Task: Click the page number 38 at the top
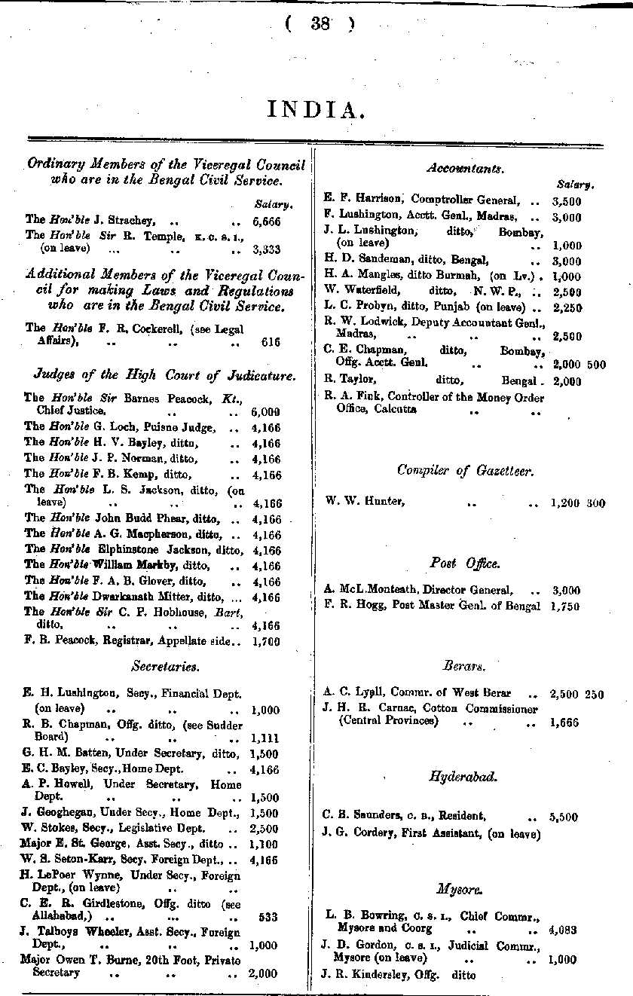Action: click(320, 23)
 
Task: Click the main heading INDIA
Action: click(316, 111)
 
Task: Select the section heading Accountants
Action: click(465, 169)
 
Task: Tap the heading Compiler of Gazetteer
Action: click(465, 470)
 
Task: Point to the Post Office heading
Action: click(465, 563)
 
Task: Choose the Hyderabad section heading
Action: click(463, 776)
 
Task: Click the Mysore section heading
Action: click(464, 889)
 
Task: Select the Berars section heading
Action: click(464, 666)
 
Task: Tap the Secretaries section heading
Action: click(165, 666)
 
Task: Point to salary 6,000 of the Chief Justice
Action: click(265, 412)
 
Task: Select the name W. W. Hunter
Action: click(365, 501)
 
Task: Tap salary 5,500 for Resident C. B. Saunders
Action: click(564, 816)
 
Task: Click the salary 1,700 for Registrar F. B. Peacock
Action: click(266, 642)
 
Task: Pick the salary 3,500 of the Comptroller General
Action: click(566, 201)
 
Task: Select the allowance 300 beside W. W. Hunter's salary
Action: click(595, 503)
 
